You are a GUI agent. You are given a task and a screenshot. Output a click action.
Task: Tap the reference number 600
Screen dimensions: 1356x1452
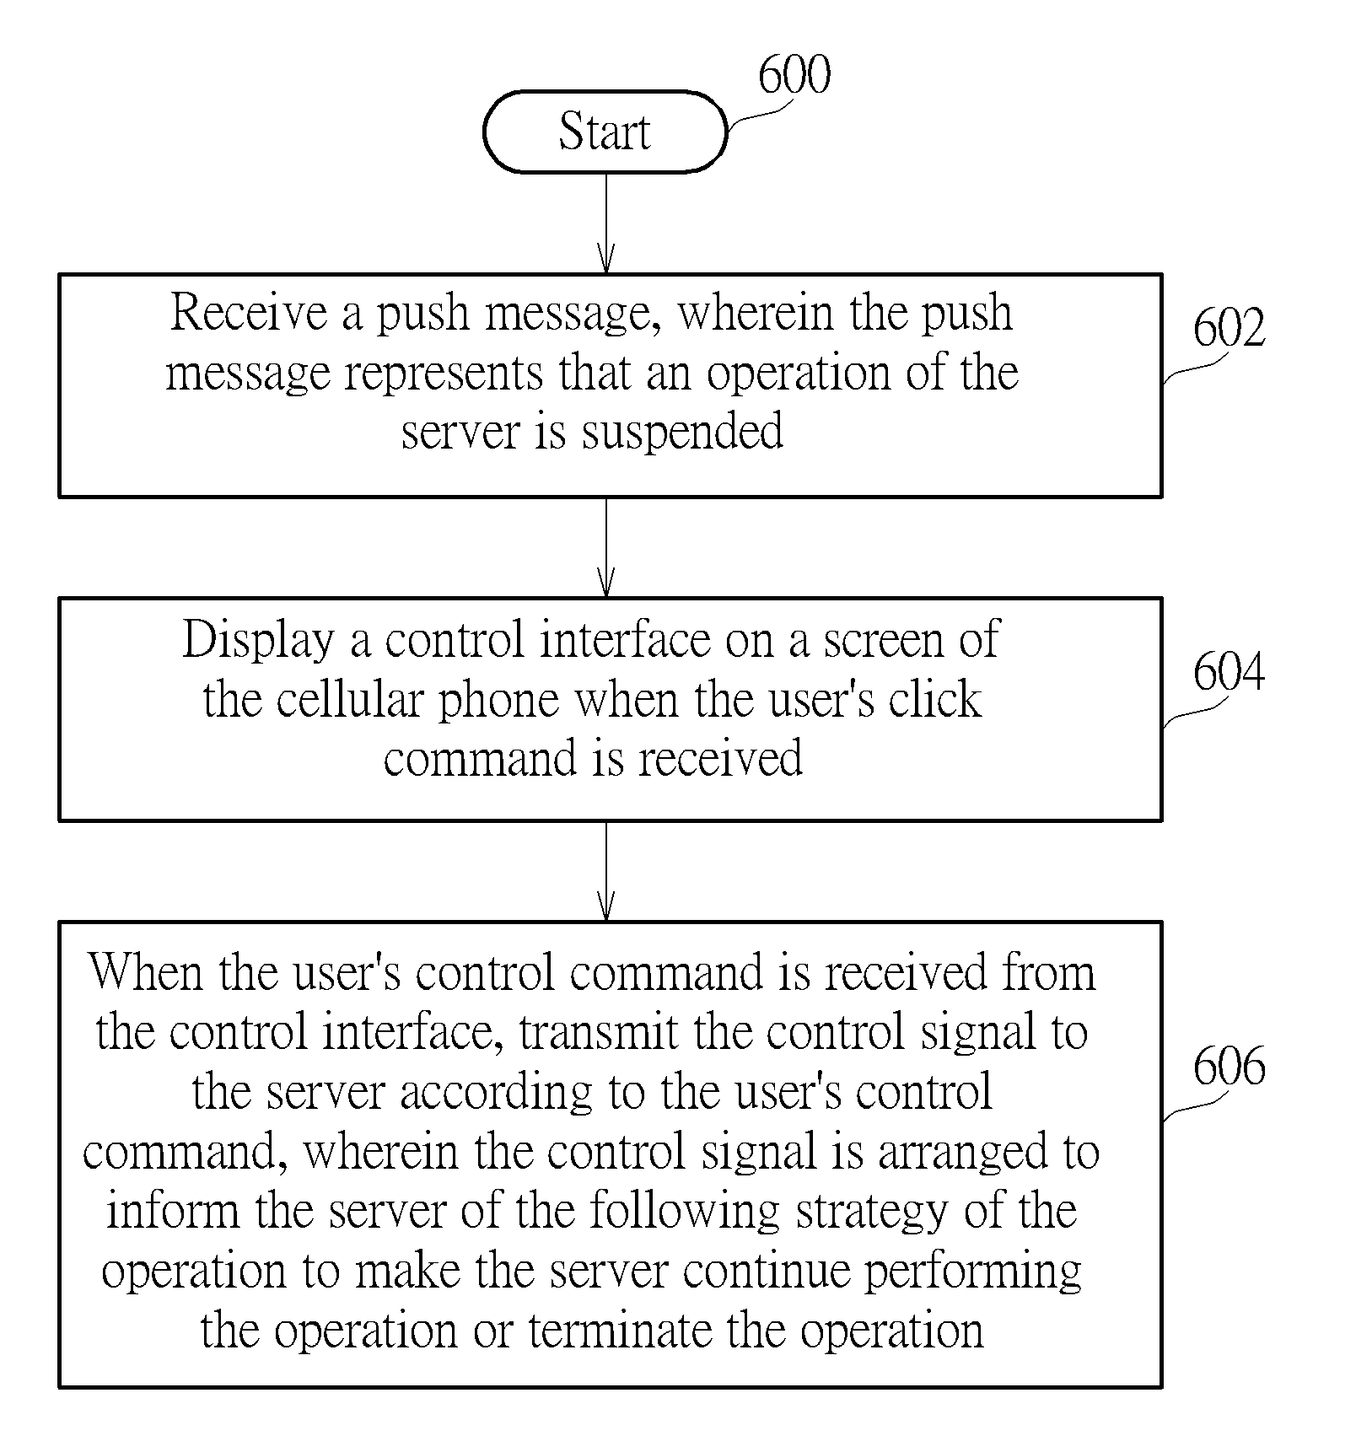794,74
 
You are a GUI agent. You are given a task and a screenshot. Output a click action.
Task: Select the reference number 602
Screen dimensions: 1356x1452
1229,327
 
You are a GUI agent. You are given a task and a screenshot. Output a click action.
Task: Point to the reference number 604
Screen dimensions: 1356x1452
1229,672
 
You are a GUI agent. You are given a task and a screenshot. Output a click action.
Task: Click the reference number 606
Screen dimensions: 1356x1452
1229,1066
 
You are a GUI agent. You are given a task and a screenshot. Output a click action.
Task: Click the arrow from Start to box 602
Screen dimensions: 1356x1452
605,223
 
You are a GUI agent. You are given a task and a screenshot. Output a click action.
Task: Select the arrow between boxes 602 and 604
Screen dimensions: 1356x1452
605,547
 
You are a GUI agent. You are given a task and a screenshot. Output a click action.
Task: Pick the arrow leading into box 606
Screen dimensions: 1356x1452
605,871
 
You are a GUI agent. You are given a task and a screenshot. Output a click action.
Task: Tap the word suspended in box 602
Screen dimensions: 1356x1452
682,432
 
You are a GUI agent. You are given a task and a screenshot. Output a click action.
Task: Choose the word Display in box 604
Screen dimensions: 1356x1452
258,640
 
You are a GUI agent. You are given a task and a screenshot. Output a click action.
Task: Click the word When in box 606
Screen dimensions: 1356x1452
147,972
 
